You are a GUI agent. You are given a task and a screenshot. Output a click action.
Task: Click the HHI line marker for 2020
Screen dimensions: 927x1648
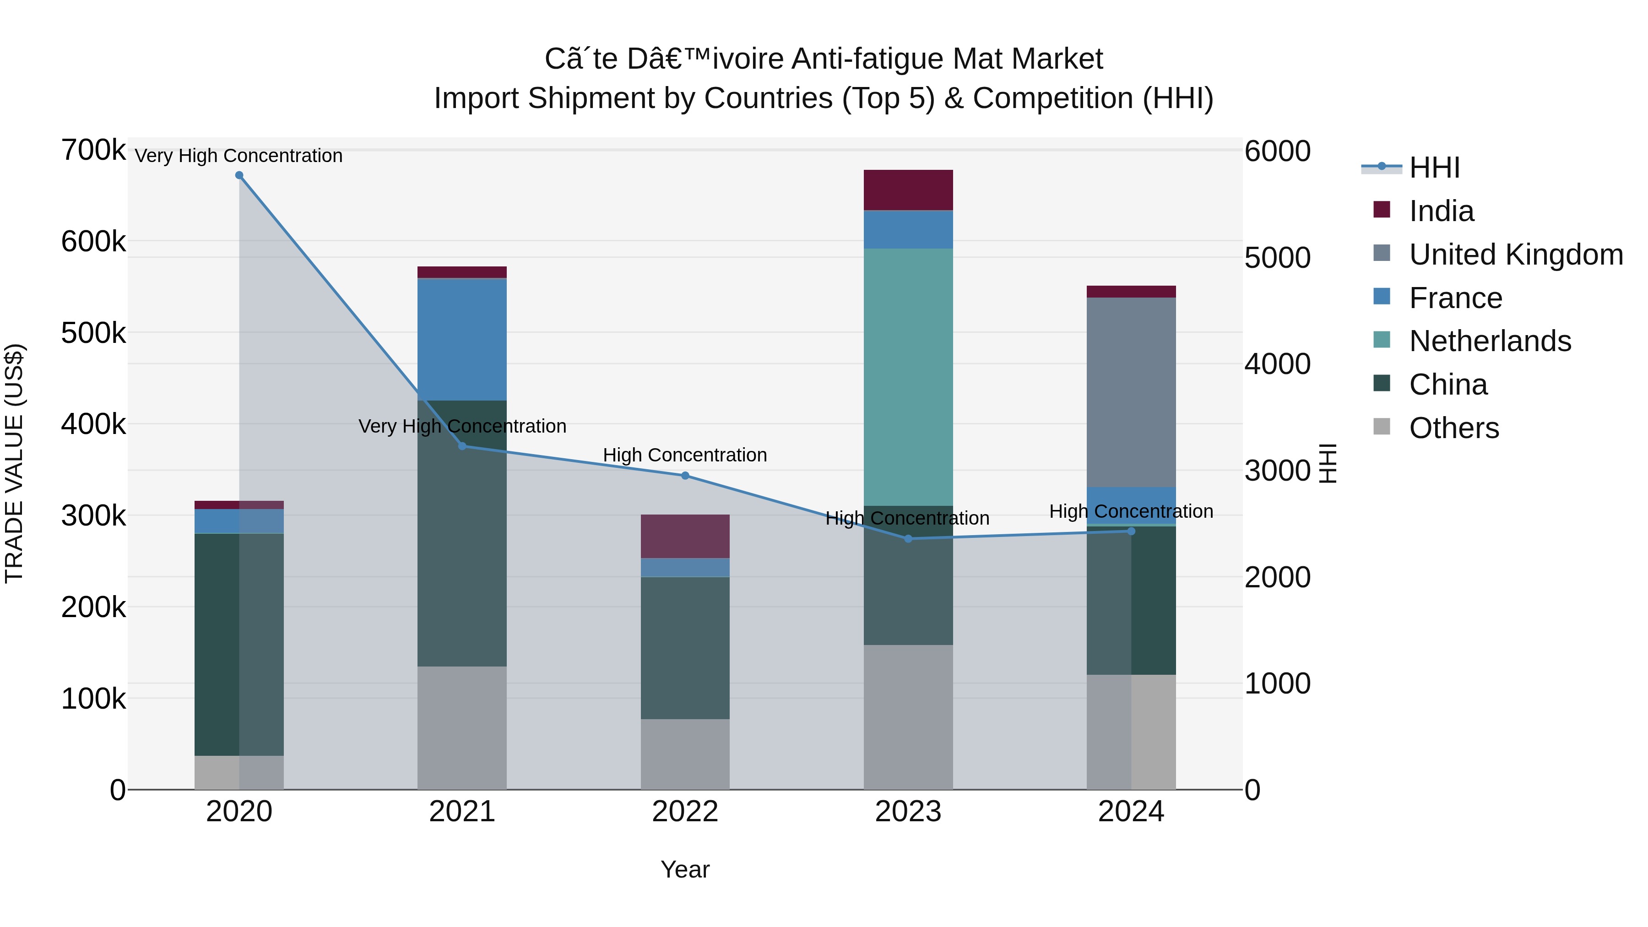[239, 175]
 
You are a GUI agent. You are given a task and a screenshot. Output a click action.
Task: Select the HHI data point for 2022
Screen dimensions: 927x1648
[685, 475]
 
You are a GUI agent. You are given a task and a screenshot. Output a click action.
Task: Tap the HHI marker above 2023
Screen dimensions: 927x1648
[908, 539]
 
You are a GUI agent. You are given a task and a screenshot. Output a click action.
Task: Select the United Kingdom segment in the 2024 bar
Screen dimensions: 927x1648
[1131, 392]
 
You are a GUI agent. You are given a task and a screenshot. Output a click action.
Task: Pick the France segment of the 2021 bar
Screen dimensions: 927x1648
[462, 339]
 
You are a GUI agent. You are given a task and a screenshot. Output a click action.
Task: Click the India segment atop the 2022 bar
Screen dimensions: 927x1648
[685, 536]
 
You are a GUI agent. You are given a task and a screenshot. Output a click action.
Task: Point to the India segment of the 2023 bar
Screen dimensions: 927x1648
[908, 190]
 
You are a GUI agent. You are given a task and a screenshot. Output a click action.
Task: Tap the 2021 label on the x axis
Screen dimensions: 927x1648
[462, 812]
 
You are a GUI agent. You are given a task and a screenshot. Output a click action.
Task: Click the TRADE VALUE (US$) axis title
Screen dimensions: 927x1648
[14, 463]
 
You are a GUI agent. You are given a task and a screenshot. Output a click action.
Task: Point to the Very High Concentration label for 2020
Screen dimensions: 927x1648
[239, 156]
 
